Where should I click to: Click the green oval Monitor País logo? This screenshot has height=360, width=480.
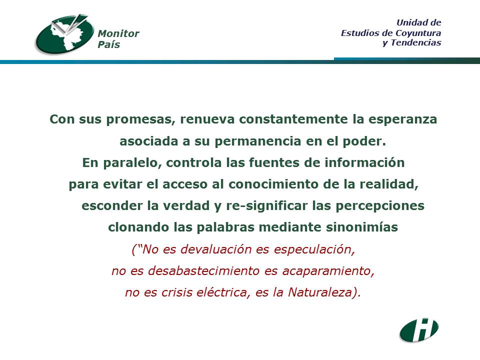point(65,34)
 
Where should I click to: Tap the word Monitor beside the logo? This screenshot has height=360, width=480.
point(118,33)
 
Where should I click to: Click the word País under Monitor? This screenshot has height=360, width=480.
point(108,44)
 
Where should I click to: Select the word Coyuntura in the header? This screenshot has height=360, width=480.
point(418,33)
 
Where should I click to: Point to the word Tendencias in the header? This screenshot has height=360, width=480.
point(415,42)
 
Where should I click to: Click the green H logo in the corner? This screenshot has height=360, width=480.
point(419,330)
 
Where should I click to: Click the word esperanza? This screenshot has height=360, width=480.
point(402,119)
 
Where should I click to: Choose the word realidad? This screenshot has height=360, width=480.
point(389,184)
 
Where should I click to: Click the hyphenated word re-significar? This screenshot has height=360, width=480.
point(266,205)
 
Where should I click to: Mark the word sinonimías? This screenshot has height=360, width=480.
point(362,227)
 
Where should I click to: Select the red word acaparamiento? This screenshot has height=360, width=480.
point(328,271)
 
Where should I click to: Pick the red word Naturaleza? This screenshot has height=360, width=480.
point(320,292)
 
